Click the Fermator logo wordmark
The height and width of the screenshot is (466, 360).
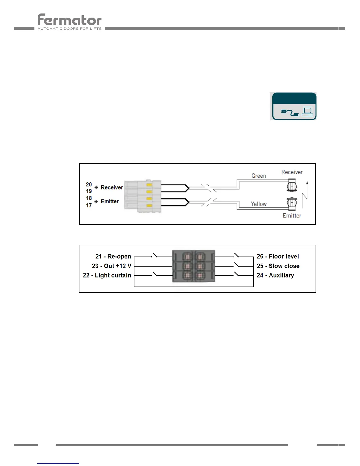[x=70, y=20]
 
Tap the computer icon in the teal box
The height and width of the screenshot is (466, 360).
[x=307, y=111]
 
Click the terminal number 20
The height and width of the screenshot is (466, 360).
[x=89, y=184]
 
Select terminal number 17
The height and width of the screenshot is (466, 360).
[x=89, y=205]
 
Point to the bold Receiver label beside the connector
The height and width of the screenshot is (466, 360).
[x=112, y=187]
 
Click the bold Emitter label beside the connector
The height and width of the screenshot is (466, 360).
[x=110, y=202]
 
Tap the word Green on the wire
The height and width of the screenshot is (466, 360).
[x=259, y=176]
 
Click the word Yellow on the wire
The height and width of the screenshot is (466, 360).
[x=259, y=204]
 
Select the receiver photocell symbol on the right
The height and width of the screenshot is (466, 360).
[x=292, y=186]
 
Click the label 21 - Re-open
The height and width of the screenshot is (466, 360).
[x=113, y=257]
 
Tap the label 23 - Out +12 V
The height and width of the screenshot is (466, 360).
[x=111, y=266]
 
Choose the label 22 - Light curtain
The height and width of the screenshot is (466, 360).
[x=107, y=275]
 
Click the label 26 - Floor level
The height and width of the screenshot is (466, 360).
[x=278, y=257]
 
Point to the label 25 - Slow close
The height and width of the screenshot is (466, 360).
[x=278, y=266]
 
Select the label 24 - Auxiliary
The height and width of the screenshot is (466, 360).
[x=275, y=275]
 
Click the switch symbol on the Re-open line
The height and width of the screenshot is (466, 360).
[x=155, y=255]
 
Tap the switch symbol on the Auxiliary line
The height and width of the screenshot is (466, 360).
[x=236, y=274]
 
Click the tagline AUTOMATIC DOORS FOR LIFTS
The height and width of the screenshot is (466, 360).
[x=70, y=29]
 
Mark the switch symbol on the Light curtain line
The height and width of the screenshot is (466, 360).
[x=155, y=274]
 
